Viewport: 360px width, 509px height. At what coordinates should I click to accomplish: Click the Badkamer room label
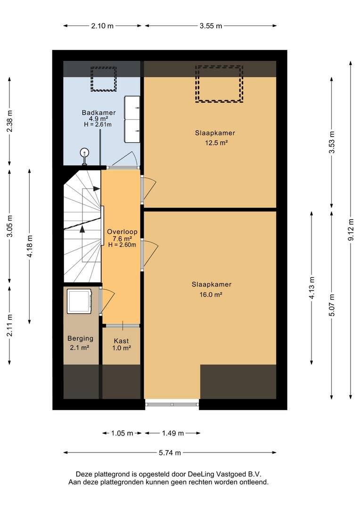pos(98,113)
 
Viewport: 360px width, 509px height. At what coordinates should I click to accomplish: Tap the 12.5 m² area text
pos(216,142)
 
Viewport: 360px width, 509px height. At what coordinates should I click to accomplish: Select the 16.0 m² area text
pos(211,295)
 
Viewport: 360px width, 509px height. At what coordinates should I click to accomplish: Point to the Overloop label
pos(123,232)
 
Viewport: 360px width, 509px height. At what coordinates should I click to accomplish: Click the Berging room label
pos(81,338)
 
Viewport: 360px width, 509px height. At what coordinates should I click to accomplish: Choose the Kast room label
pos(122,341)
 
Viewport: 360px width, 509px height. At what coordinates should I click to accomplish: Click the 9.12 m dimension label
pos(351,230)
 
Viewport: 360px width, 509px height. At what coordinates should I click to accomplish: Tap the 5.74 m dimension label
pos(170,452)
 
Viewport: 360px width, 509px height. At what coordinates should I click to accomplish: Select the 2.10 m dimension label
pos(102,26)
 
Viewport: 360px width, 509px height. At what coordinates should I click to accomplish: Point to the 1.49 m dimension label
pos(173,433)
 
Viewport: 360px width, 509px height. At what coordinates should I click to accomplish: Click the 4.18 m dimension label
pos(30,246)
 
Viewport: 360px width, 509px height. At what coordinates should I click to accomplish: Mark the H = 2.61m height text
pos(98,124)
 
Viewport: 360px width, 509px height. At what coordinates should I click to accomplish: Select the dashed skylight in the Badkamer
pos(104,79)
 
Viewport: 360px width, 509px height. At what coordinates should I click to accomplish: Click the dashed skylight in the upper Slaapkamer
pos(219,84)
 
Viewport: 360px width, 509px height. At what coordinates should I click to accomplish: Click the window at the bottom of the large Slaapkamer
pos(172,404)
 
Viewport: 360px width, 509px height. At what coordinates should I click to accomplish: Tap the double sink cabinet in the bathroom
pos(132,119)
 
